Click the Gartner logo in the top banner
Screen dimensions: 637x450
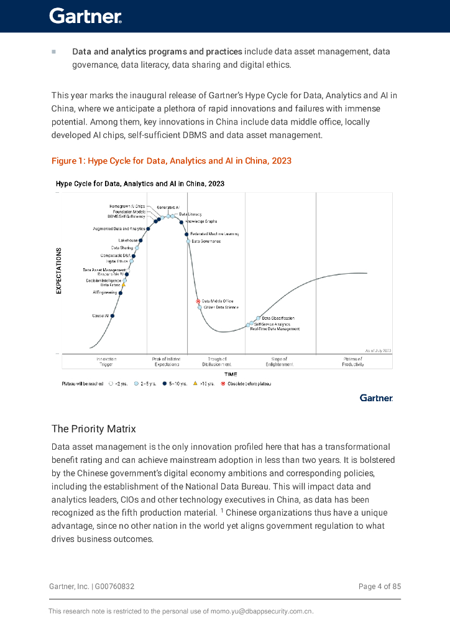tap(85, 16)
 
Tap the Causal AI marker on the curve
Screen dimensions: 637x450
tap(112, 316)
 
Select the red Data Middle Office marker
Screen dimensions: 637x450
tap(198, 301)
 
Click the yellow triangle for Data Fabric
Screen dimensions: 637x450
tap(124, 285)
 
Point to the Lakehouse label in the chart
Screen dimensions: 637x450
tap(127, 240)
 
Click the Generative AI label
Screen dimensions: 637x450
tap(168, 207)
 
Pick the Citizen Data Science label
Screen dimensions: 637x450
tap(221, 307)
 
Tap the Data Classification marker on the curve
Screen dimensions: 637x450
tap(258, 318)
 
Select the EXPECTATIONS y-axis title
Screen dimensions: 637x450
tap(59, 271)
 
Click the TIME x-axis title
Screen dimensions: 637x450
tap(231, 374)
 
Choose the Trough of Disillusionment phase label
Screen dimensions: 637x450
tap(217, 362)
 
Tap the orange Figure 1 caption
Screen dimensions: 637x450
tap(172, 161)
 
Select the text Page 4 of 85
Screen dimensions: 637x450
tap(379, 587)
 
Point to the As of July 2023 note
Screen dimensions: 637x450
tap(378, 351)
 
